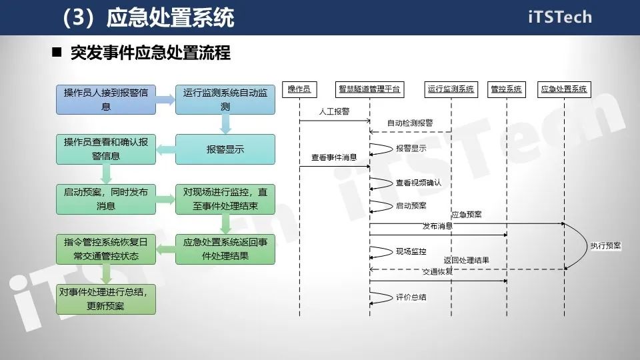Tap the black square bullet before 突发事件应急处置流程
[57, 53]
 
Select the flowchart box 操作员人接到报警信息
[106, 99]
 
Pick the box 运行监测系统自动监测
[225, 99]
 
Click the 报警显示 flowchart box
[225, 149]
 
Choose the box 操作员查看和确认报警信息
[106, 149]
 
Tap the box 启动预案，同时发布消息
[106, 199]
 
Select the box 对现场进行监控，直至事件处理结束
[225, 199]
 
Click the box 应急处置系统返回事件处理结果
[225, 249]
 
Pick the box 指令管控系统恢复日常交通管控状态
[106, 249]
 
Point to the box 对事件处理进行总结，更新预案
[106, 299]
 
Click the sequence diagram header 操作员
[299, 89]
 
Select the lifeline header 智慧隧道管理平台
[370, 89]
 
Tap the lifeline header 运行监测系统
[451, 89]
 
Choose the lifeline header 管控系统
[507, 89]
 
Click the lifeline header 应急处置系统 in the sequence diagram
[564, 89]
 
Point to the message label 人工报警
[333, 111]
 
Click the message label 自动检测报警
[410, 123]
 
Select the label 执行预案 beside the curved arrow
[605, 246]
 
